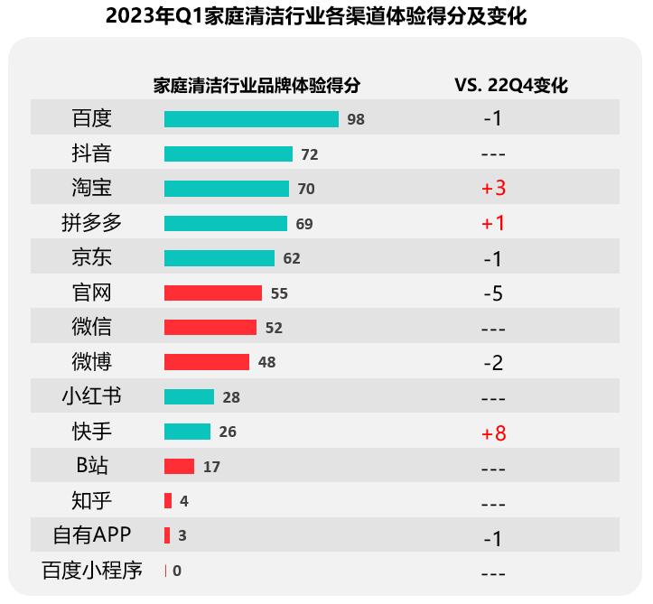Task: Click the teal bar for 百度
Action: pos(251,119)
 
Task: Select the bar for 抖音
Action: pos(229,154)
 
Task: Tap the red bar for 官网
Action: pos(213,293)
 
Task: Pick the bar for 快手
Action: pos(187,432)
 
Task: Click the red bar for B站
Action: pos(179,467)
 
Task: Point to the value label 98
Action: pos(356,119)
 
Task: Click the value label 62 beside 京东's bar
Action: pos(291,259)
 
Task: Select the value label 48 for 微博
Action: pos(266,363)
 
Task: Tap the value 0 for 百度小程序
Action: pos(177,571)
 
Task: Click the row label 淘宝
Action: pos(91,188)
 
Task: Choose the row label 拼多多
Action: pos(91,223)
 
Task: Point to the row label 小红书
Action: pos(91,396)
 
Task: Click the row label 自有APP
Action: pos(91,535)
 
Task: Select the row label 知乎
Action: pos(91,501)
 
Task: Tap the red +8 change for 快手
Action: pos(493,433)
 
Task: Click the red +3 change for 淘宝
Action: pos(493,189)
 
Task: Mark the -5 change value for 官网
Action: pos(493,293)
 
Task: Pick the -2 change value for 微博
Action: pos(493,363)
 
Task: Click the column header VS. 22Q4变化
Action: pos(510,86)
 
